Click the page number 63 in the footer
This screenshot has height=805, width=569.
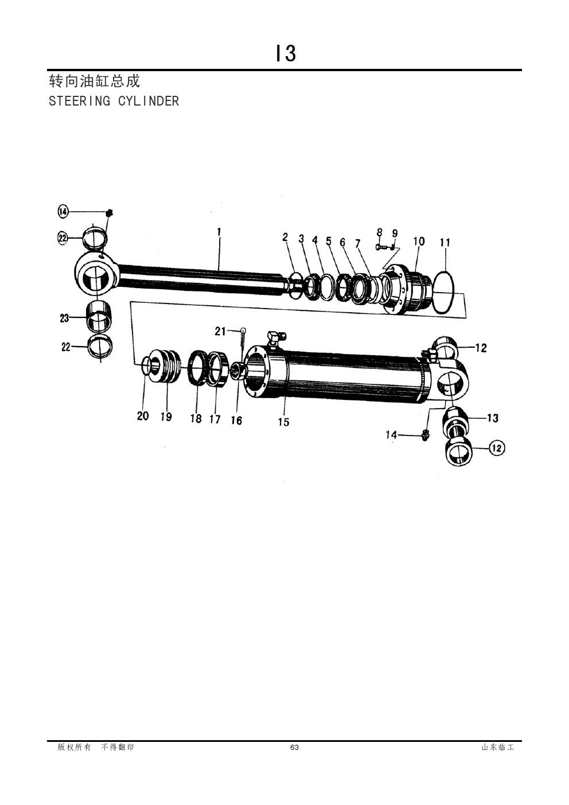294,748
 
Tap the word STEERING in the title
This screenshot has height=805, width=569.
79,101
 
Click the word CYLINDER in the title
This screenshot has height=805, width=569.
149,101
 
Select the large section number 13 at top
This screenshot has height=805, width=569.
286,53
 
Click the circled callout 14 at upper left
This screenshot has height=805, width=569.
63,212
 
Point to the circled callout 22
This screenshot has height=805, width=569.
63,238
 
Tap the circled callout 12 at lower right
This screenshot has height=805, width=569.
497,448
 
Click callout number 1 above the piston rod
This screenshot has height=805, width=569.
219,232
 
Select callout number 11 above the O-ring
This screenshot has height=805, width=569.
445,243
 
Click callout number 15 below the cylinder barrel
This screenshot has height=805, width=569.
283,422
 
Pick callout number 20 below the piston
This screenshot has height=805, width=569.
143,416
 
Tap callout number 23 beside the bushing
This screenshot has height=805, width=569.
64,318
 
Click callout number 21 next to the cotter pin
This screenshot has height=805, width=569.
220,331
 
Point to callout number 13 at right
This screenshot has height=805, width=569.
493,418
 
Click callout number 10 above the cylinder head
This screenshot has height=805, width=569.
419,241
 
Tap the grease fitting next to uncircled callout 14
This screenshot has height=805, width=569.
425,435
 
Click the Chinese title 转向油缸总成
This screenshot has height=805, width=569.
94,81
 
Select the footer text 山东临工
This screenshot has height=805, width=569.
498,748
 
